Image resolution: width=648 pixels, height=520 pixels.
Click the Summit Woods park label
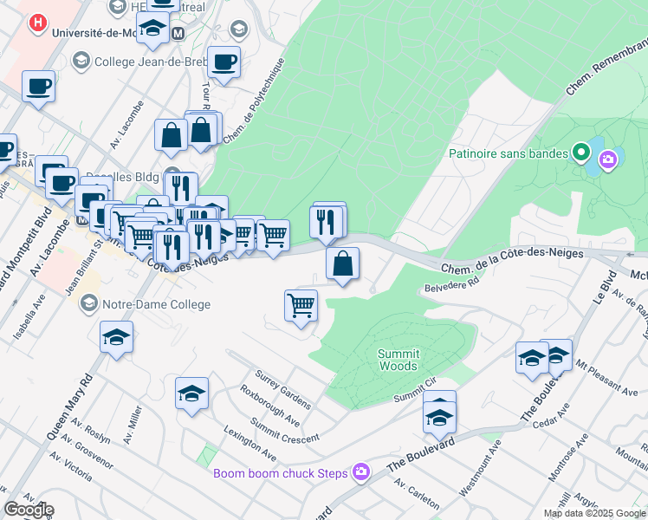399,360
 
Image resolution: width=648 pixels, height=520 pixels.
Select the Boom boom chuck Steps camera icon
361,472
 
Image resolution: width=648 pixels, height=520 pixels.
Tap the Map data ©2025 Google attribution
593,513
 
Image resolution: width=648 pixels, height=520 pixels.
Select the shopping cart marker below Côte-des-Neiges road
301,305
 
